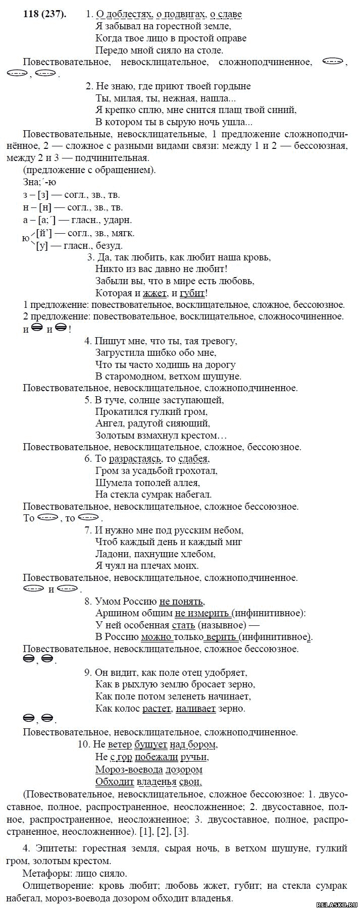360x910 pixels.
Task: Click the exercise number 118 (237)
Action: coord(44,14)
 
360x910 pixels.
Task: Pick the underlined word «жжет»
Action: coord(155,293)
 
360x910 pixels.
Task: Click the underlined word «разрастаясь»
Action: coord(136,459)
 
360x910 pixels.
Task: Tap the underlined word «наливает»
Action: coord(196,708)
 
